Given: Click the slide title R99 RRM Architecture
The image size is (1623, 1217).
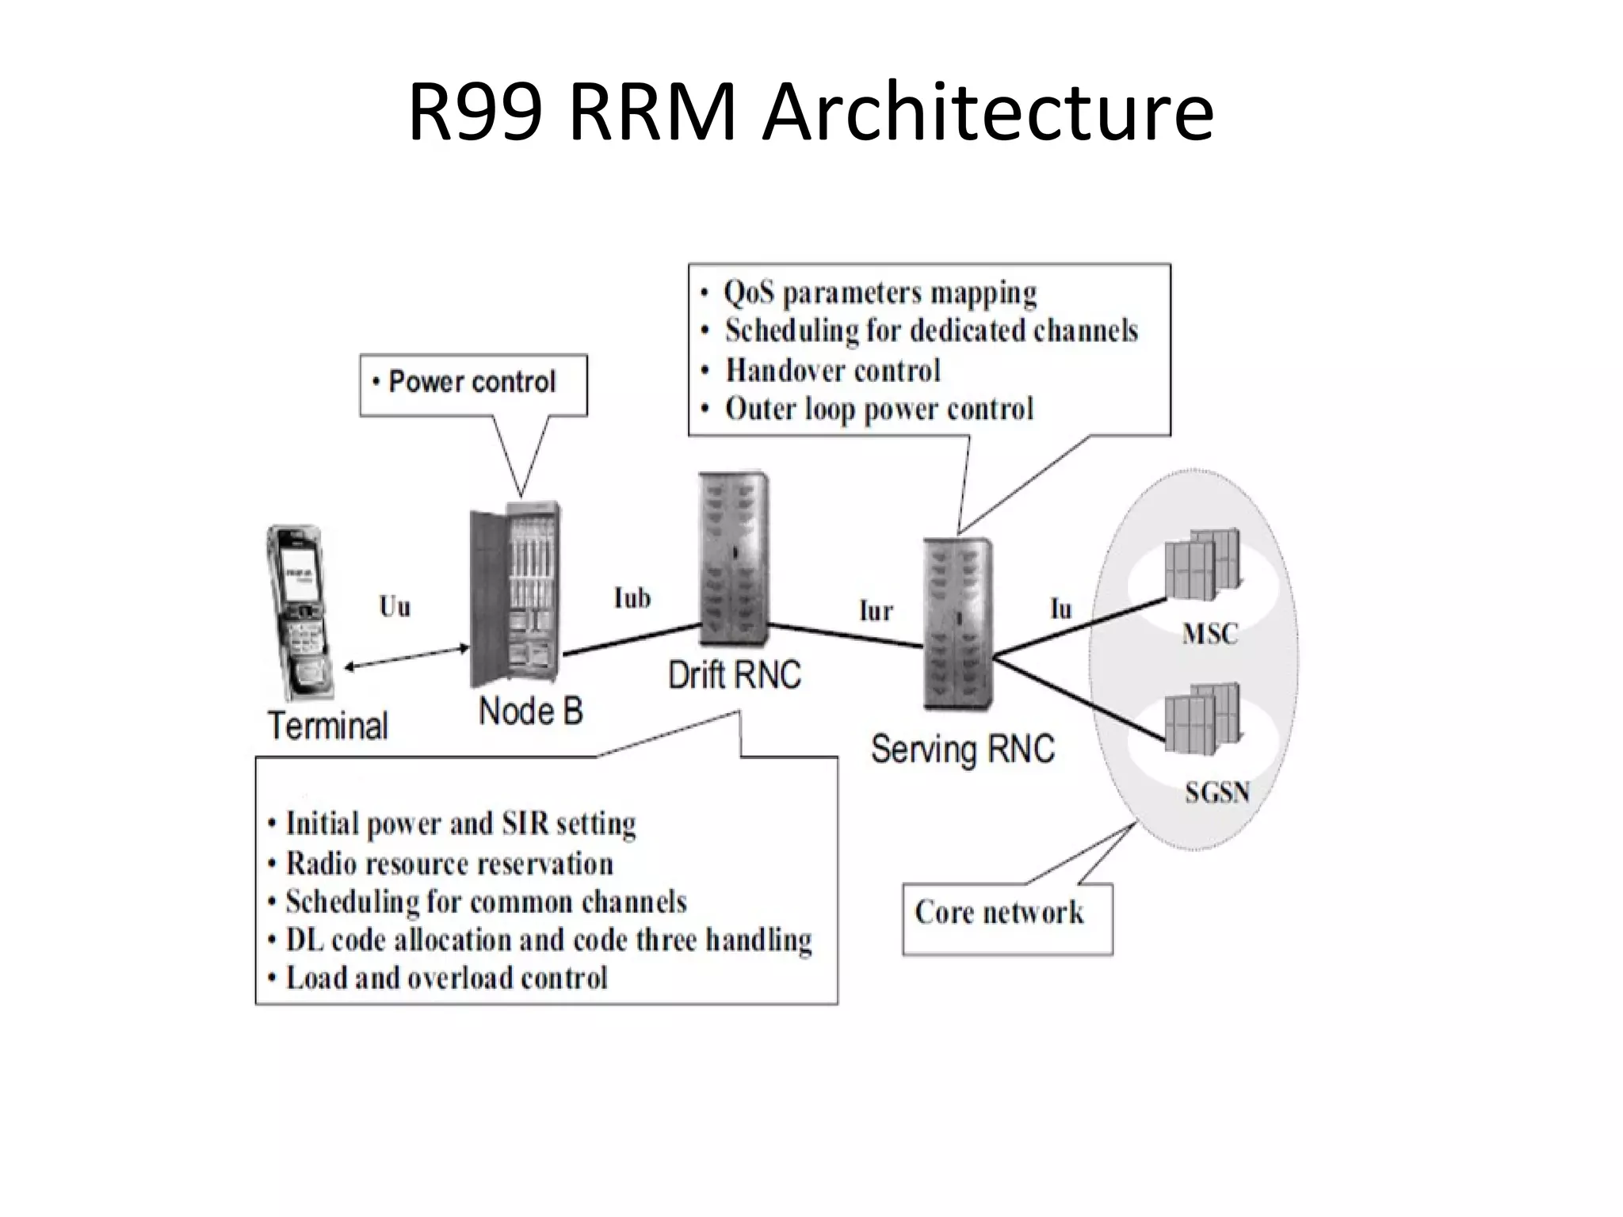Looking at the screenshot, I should tap(811, 113).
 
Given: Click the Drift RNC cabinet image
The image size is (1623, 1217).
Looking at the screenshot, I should tap(733, 561).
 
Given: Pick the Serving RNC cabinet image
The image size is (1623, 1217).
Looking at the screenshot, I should tap(957, 624).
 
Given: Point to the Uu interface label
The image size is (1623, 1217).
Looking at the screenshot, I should tap(395, 607).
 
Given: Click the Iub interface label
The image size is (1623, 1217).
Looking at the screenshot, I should tap(632, 597).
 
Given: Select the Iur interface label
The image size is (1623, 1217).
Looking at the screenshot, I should tap(876, 611).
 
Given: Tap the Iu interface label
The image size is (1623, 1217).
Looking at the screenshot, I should tap(1060, 608).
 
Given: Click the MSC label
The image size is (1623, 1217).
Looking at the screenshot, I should tap(1209, 634).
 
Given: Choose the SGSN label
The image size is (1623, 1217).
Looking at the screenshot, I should tap(1216, 792).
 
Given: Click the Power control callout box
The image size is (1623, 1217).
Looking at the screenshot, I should tap(473, 383).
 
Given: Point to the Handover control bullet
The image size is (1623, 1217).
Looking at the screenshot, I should tap(832, 370).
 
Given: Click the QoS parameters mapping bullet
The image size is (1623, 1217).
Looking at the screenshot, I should tap(880, 293).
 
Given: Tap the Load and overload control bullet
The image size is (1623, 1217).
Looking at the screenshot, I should tap(446, 978).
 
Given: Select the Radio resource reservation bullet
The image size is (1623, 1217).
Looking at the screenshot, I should tap(449, 864).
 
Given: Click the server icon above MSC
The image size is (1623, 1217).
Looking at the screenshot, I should tap(1201, 564).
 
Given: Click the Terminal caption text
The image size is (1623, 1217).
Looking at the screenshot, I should tap(328, 726).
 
